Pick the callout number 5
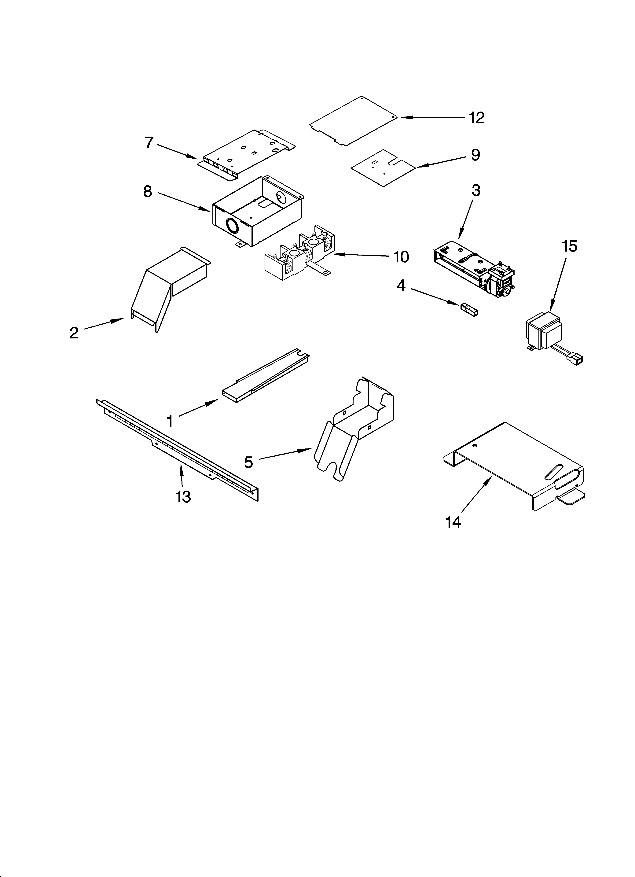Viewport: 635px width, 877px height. [248, 462]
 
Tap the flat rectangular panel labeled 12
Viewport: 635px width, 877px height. [354, 121]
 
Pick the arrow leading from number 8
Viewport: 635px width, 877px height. [184, 202]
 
